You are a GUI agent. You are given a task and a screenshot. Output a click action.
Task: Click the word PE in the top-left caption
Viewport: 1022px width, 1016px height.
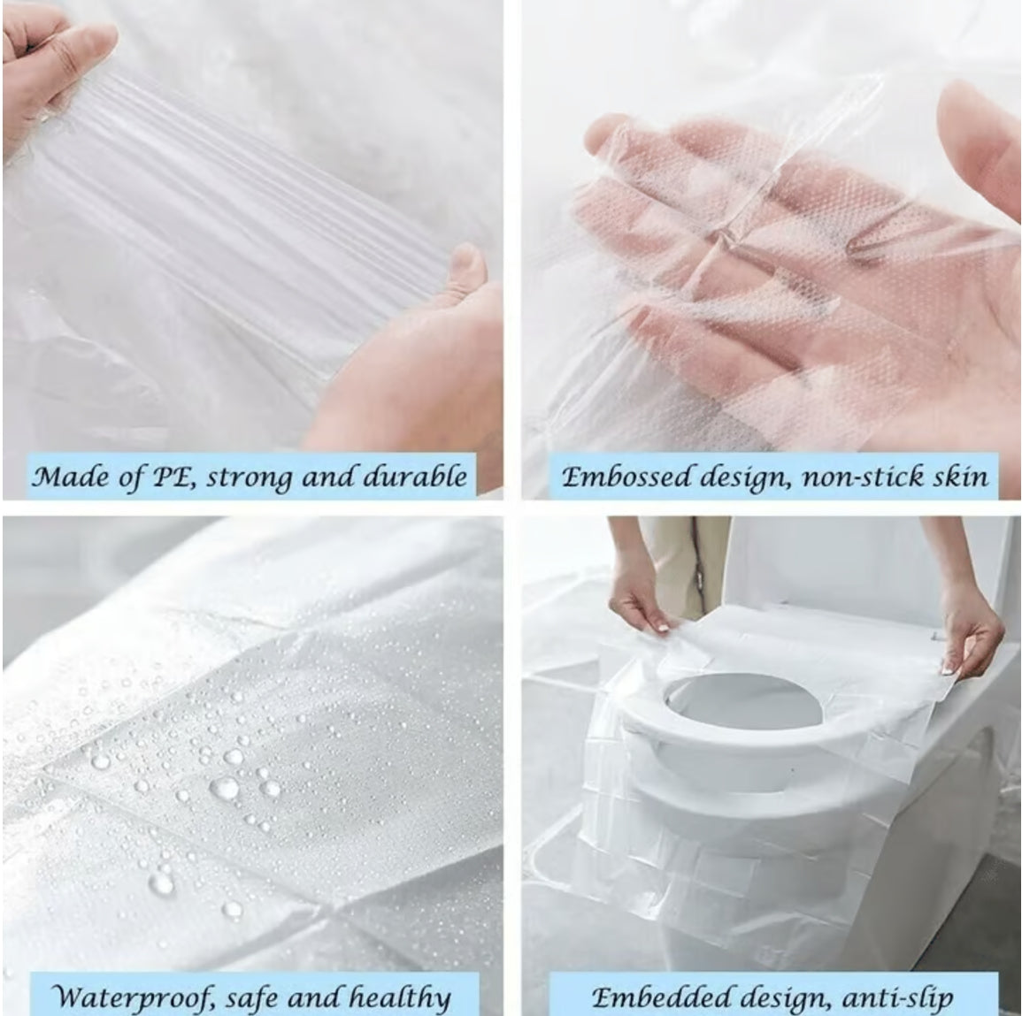pos(168,477)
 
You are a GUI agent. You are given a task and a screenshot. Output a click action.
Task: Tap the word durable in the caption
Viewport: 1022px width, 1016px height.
pos(422,477)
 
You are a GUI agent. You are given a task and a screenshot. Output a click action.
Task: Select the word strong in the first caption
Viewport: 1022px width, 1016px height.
pos(249,477)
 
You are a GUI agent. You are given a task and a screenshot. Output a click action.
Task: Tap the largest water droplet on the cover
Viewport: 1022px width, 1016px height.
pos(223,786)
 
